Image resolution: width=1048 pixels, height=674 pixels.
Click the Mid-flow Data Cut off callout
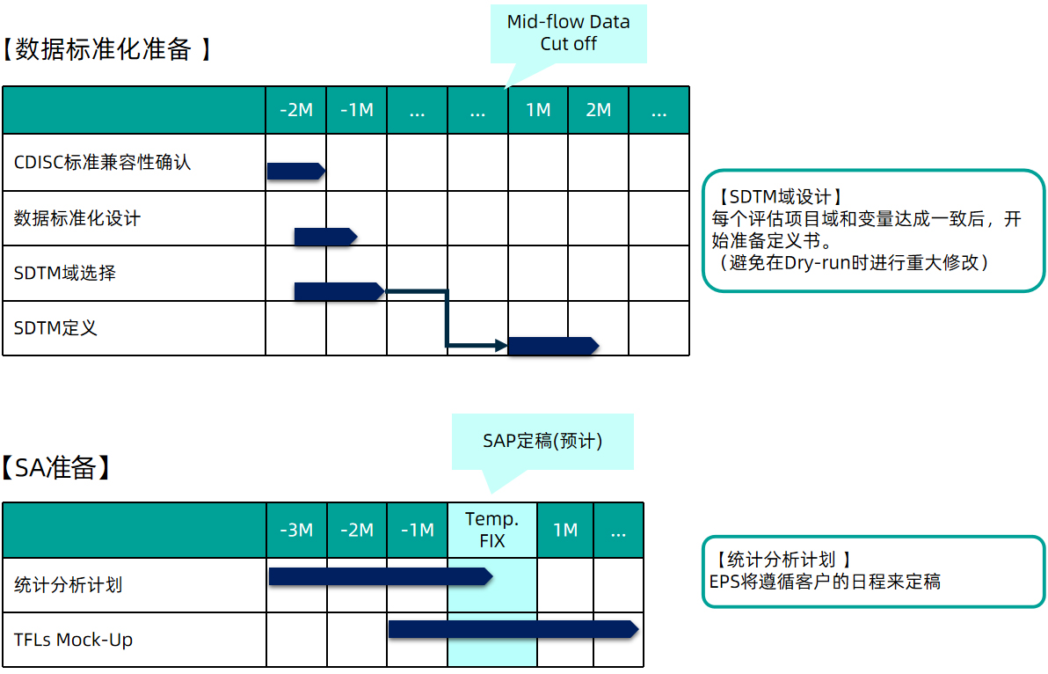[x=568, y=33]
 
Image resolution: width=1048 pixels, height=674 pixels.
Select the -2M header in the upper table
[x=296, y=110]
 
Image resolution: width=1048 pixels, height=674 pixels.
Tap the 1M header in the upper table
[x=538, y=110]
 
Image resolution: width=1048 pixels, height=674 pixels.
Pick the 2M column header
[x=598, y=110]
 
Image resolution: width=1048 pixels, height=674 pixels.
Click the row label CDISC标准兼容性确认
[x=102, y=163]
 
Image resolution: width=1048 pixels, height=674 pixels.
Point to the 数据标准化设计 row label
[x=76, y=218]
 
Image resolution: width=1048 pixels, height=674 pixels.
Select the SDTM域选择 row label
[x=65, y=273]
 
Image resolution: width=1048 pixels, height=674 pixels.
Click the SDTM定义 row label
[x=55, y=327]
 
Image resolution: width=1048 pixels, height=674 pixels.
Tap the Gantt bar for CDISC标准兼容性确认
[x=296, y=172]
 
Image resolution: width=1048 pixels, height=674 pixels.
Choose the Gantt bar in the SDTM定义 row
[x=553, y=346]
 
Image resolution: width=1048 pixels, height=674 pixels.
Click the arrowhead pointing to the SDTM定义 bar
[x=501, y=346]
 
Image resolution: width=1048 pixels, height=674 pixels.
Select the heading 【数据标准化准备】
[x=107, y=48]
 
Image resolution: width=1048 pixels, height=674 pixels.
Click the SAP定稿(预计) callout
[x=542, y=442]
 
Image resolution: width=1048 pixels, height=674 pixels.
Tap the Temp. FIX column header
[x=492, y=530]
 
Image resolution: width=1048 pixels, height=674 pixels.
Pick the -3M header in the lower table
[x=296, y=531]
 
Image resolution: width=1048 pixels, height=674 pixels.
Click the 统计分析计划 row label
[x=69, y=585]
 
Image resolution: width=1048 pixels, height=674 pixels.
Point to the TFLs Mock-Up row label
[x=74, y=640]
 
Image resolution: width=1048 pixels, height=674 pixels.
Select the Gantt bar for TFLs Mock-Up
[x=513, y=629]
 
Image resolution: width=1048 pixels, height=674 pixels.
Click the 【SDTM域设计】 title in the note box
[x=779, y=196]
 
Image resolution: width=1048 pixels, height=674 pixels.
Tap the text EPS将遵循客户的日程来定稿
[x=825, y=582]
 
